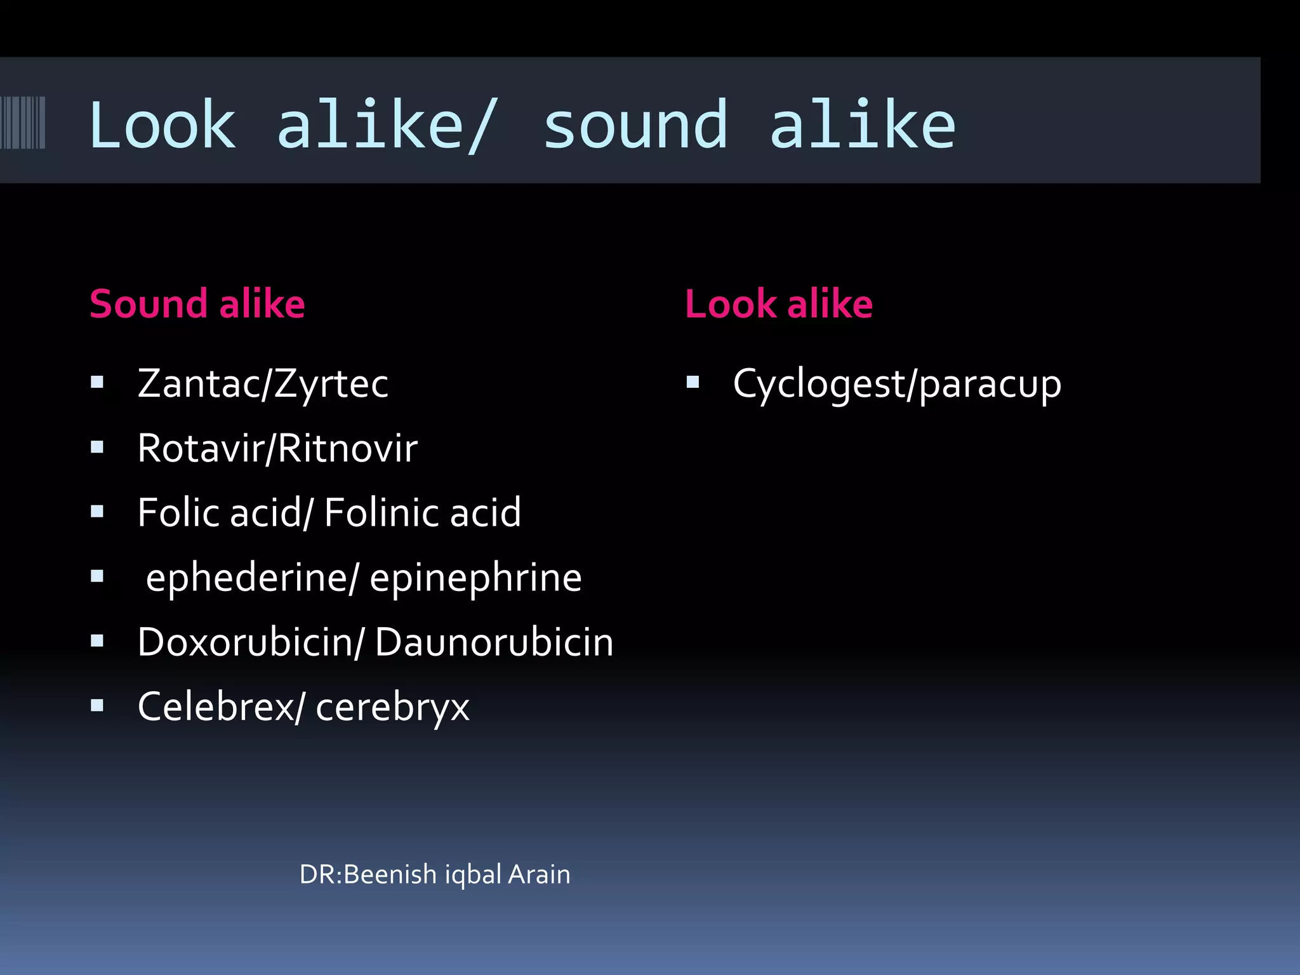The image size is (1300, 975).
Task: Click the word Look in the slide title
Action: (162, 126)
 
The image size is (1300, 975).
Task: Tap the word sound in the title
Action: (635, 126)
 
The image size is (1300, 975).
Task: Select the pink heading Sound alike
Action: (197, 303)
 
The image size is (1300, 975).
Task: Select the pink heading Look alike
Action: (779, 303)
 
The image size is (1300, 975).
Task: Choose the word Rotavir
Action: (201, 449)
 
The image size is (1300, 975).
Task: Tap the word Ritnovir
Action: (348, 449)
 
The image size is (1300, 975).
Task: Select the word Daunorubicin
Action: (494, 642)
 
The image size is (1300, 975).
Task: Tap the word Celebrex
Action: (216, 706)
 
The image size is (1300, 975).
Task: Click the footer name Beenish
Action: (390, 875)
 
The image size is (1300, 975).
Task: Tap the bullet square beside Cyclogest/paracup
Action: (693, 382)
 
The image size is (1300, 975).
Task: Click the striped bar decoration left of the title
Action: (23, 123)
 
